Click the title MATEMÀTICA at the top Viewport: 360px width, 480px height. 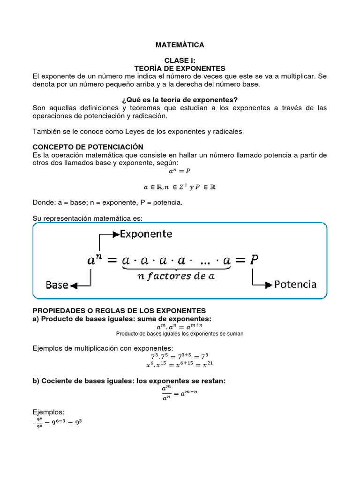[180, 45]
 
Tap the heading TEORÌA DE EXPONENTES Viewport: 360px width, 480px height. [180, 68]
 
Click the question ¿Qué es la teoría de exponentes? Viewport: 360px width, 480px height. [180, 100]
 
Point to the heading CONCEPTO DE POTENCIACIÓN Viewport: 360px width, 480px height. [88, 147]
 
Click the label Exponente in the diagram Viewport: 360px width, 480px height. [146, 233]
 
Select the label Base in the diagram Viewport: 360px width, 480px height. [57, 285]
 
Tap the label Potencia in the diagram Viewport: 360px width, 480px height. [295, 284]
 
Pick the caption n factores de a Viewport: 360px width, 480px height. [176, 276]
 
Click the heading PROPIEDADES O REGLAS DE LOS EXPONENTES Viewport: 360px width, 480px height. [119, 311]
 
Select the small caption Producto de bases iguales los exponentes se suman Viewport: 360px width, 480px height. [180, 334]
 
